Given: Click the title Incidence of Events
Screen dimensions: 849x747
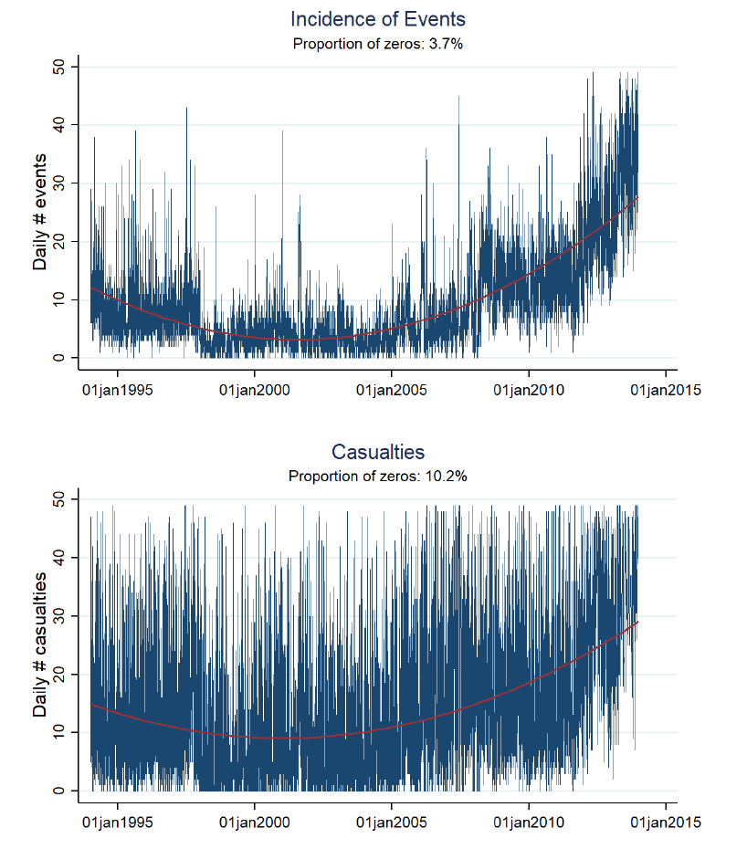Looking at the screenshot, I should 378,19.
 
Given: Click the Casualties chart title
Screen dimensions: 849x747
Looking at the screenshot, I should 378,452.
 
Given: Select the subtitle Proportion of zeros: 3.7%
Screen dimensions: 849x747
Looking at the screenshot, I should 378,43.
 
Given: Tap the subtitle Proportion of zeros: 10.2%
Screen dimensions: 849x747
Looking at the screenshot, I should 378,476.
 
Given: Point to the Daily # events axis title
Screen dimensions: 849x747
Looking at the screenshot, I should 40,213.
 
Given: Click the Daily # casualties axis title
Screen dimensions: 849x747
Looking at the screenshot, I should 40,645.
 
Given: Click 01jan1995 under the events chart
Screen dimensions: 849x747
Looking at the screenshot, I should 118,391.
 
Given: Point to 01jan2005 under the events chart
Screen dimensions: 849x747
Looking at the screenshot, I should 392,391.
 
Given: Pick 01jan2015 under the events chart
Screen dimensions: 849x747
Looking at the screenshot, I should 665,391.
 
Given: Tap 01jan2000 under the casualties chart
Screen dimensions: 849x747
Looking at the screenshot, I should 255,823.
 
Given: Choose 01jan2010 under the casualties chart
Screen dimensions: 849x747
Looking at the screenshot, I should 529,823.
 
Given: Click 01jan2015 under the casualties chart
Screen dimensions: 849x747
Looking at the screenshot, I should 665,823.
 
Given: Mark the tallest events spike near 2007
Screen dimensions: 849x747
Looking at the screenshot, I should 458,99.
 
